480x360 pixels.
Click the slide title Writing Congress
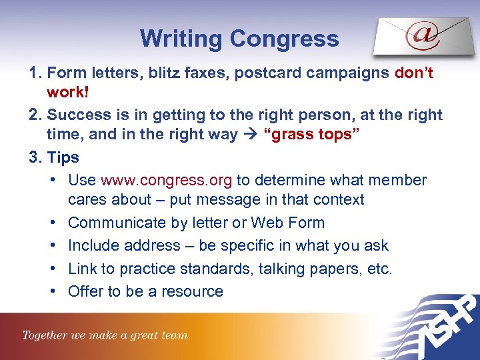click(x=239, y=39)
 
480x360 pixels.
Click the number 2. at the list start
click(x=36, y=115)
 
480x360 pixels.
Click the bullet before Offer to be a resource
click(x=52, y=292)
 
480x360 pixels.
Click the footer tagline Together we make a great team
click(x=105, y=335)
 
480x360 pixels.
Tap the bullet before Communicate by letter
click(x=52, y=223)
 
